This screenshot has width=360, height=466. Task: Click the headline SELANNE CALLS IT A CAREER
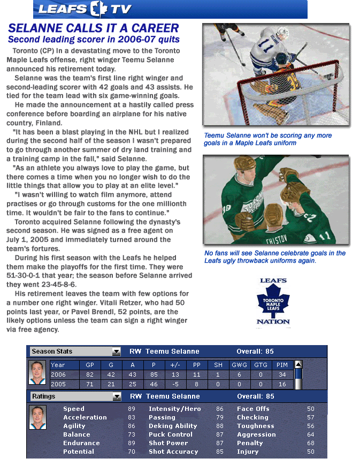pyautogui.click(x=93, y=28)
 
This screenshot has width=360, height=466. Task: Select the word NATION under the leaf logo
pyautogui.click(x=273, y=323)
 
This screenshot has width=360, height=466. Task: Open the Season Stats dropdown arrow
pyautogui.click(x=117, y=352)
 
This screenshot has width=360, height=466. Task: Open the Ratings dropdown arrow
pyautogui.click(x=117, y=396)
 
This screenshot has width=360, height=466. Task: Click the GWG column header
pyautogui.click(x=239, y=365)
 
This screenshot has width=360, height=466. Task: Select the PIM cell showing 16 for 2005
pyautogui.click(x=282, y=384)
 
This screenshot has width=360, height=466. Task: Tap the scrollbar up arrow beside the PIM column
pyautogui.click(x=298, y=364)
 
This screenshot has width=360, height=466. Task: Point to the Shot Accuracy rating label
pyautogui.click(x=173, y=452)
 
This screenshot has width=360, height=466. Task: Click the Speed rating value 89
pyautogui.click(x=131, y=409)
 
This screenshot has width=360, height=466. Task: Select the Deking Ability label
pyautogui.click(x=173, y=426)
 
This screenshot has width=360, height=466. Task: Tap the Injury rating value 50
pyautogui.click(x=310, y=452)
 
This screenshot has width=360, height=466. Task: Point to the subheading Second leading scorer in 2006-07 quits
pyautogui.click(x=94, y=40)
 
